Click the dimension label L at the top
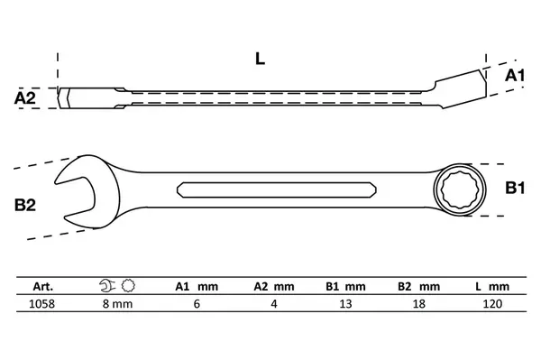point(260,59)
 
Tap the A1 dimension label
point(515,75)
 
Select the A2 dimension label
point(25,98)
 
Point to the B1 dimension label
point(515,188)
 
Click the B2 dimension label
point(25,205)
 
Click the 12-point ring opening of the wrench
point(460,189)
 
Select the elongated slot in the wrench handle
point(277,189)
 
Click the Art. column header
point(43,287)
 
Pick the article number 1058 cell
point(41,304)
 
